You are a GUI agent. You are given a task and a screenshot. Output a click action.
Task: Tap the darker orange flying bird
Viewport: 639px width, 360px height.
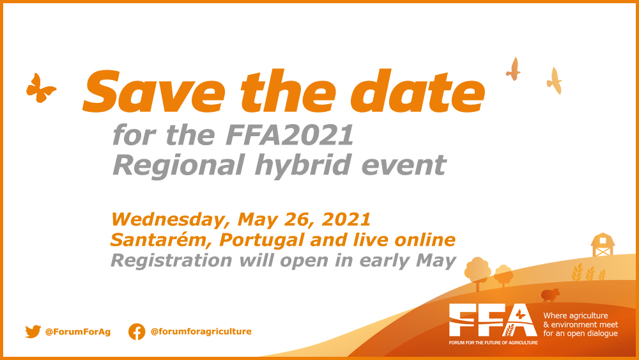tap(513, 68)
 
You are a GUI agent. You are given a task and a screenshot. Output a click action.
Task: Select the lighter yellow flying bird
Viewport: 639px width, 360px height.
tap(554, 81)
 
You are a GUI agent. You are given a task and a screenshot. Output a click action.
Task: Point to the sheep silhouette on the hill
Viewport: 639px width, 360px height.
tap(550, 295)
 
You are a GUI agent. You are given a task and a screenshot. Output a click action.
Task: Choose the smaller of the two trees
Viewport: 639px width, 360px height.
tap(504, 274)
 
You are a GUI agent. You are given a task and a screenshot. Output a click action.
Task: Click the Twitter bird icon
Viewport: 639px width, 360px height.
tap(33, 331)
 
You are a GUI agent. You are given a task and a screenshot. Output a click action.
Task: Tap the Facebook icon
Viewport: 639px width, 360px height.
tap(137, 331)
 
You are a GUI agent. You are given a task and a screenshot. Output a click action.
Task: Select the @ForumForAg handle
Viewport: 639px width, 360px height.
tap(77, 332)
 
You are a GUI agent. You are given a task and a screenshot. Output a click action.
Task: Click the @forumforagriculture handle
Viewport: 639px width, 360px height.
tap(201, 331)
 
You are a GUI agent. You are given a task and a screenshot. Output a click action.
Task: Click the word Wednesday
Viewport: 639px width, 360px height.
tap(169, 219)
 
